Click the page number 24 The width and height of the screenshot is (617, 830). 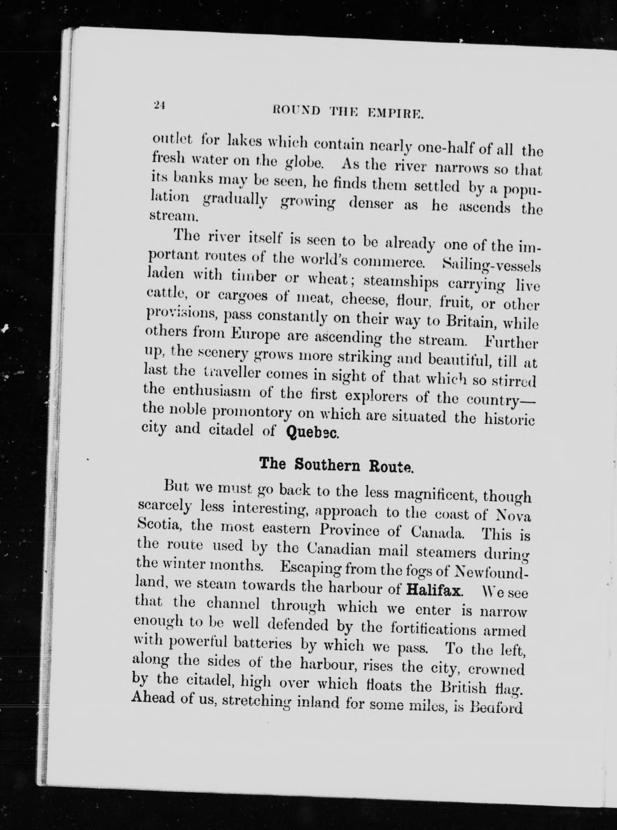click(158, 106)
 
